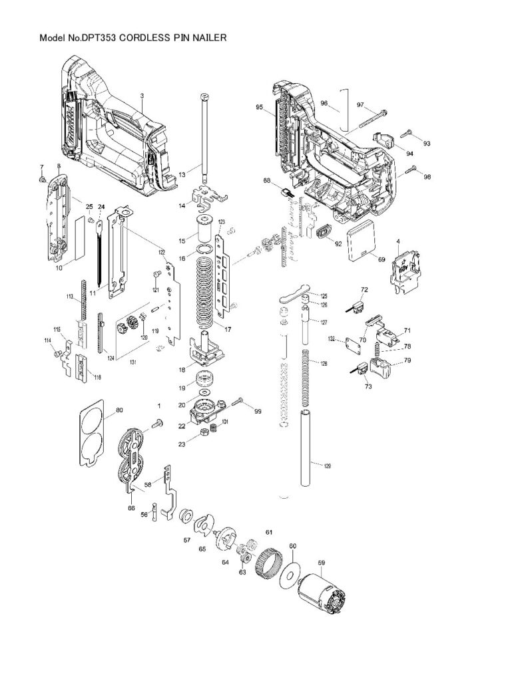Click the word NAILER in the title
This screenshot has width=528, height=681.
coord(210,39)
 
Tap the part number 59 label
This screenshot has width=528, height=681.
coord(321,563)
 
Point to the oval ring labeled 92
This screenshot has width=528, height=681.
coord(324,232)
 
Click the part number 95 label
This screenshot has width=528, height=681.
coord(260,106)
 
